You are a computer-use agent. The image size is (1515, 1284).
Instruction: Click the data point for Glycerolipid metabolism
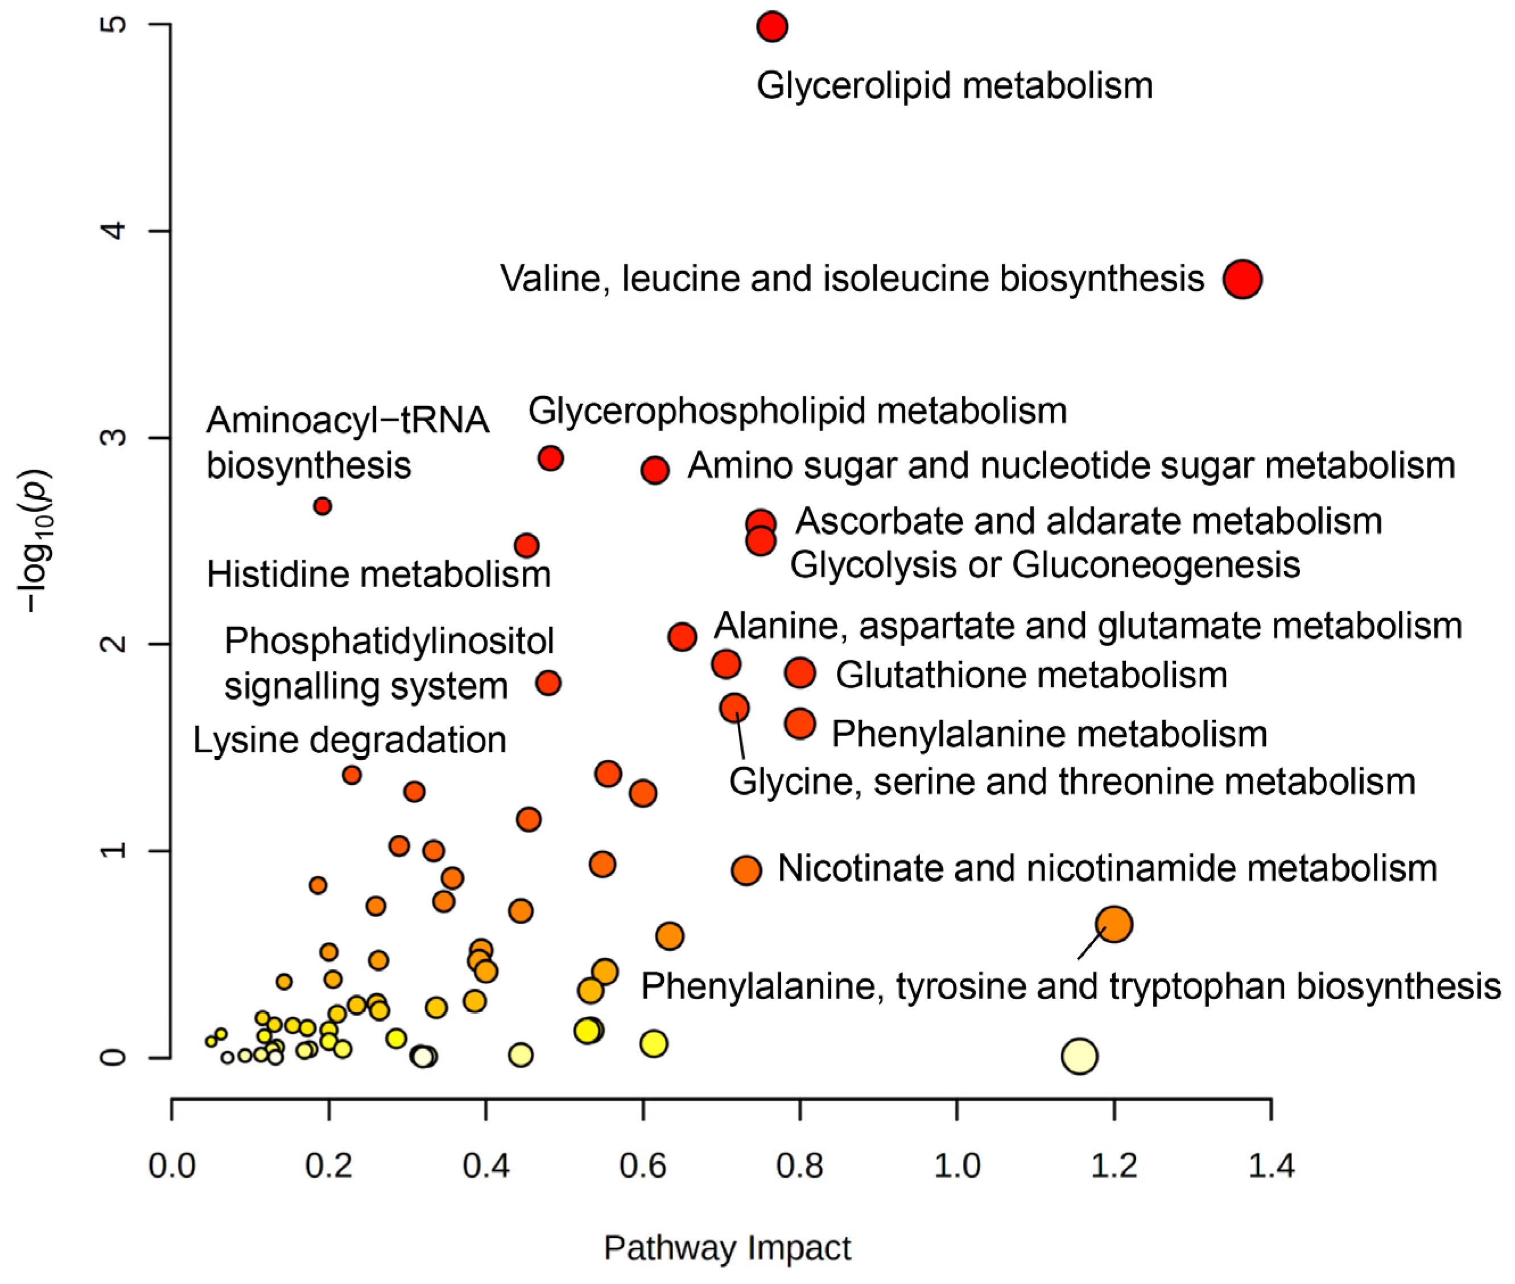[771, 27]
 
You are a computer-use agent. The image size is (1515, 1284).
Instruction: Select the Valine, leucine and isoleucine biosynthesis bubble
[1242, 279]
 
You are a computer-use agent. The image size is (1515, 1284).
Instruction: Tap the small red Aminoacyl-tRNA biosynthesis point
[323, 506]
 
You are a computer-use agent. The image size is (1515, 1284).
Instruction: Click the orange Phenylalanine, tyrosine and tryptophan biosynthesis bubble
[1114, 924]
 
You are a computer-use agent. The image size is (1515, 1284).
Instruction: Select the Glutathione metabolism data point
[800, 672]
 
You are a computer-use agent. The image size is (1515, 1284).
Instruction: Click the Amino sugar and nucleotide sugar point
[655, 470]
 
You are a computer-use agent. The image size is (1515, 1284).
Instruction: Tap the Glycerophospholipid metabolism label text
[797, 411]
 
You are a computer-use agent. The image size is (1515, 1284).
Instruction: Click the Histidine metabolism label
[378, 575]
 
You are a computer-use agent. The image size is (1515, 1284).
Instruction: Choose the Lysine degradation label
[349, 740]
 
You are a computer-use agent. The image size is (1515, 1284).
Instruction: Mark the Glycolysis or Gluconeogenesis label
[1045, 565]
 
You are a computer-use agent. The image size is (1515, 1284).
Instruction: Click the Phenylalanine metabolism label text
[1049, 734]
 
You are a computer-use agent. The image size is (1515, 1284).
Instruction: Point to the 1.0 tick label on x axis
[956, 1166]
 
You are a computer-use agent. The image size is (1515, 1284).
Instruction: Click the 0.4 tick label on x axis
[486, 1166]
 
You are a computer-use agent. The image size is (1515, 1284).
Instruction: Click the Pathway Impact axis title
[726, 1248]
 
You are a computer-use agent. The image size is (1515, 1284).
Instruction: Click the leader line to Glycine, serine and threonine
[740, 737]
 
